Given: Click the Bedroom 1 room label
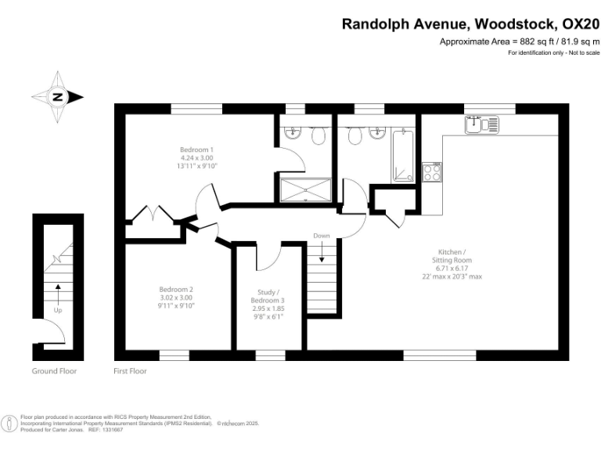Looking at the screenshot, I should click(196, 149).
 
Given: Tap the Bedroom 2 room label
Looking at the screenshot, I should click(175, 289).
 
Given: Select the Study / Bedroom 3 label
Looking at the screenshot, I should click(268, 296).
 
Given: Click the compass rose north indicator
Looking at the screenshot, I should click(57, 97).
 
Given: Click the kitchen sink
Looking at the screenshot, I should click(480, 124).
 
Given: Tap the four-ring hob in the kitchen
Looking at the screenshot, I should click(432, 172).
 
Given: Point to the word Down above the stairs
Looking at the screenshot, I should click(322, 236).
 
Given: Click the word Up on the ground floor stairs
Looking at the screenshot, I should click(57, 310).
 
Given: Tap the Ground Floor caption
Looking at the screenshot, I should click(55, 371).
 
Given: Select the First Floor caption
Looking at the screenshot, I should click(130, 371).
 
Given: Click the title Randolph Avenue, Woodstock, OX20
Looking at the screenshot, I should click(470, 24).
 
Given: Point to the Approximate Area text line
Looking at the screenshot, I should click(520, 41).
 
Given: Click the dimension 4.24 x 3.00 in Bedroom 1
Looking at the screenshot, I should click(196, 157).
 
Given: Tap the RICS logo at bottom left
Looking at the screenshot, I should click(10, 424).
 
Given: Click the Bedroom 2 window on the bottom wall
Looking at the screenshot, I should click(175, 355).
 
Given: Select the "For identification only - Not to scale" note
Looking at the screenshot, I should click(553, 52).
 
